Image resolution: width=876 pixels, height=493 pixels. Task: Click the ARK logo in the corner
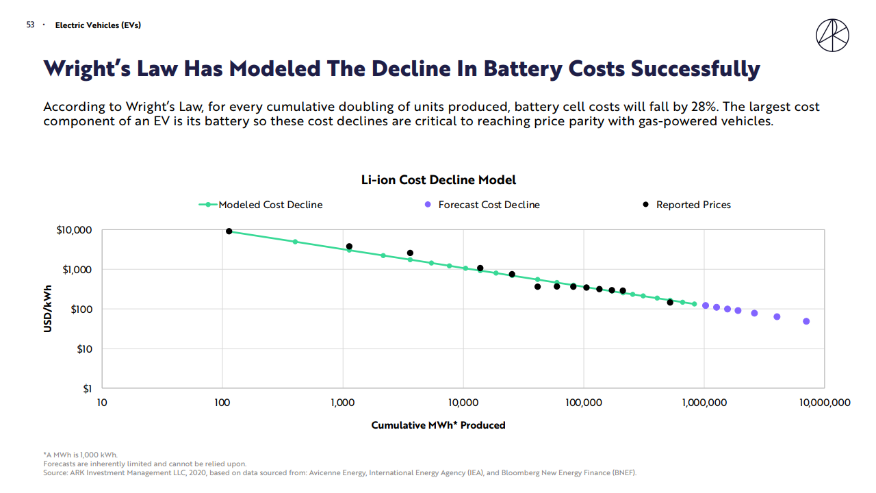832,35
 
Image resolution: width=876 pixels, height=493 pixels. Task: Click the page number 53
30,25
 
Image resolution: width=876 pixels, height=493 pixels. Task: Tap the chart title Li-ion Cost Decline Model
438,180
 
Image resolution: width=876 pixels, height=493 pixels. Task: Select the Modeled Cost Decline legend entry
270,205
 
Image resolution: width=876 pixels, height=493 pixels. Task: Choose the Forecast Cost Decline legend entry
489,205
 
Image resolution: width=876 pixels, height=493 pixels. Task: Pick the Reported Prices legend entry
693,205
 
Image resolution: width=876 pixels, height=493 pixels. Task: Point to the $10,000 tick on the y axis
73,230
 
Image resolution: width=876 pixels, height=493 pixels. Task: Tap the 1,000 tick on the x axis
342,403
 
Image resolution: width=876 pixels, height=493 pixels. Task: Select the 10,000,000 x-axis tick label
825,403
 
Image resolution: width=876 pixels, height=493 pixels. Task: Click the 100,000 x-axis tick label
583,403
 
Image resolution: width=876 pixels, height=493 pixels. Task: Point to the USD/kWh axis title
48,309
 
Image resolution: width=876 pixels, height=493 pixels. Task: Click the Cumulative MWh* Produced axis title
438,425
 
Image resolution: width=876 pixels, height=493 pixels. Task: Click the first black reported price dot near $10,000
229,231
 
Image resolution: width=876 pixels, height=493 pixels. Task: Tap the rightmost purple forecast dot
806,321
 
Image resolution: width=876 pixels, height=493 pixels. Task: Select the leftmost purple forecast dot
706,305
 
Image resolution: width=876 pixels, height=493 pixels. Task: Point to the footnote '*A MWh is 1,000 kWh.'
80,455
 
